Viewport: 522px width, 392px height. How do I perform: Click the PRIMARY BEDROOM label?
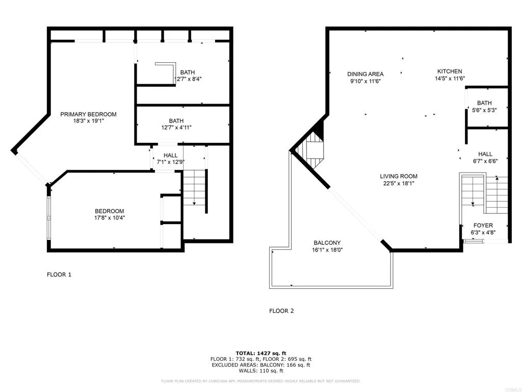coord(89,114)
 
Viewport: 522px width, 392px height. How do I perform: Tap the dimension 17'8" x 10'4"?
coord(110,217)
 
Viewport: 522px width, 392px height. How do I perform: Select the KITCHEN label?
coord(450,71)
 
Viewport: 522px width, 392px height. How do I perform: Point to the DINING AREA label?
coord(366,74)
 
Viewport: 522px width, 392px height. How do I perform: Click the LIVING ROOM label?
coord(399,177)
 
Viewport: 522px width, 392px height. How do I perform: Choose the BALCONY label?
coord(327,243)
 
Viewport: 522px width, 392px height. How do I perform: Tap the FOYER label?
coord(483,226)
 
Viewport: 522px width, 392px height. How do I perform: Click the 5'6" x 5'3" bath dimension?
coord(484,110)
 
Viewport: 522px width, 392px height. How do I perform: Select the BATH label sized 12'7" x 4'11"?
coord(176,121)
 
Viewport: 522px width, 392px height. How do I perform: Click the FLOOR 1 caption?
coord(59,275)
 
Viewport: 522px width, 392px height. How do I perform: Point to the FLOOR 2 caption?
coord(281,310)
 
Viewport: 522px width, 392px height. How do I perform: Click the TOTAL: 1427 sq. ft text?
coord(260,353)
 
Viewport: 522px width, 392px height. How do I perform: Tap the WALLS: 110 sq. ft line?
coord(260,371)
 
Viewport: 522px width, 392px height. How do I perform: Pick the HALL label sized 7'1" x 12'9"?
coord(170,156)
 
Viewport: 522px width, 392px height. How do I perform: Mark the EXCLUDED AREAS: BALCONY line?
coord(260,365)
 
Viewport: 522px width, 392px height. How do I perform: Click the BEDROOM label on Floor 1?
coord(110,211)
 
